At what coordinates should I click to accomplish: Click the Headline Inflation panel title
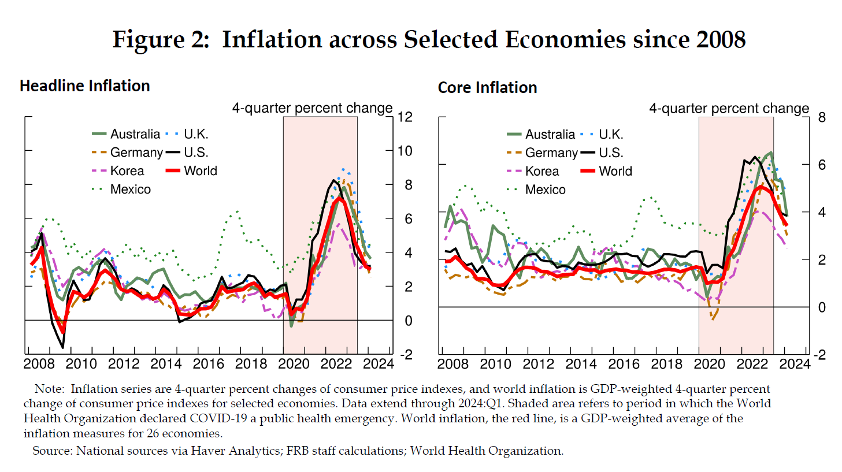click(x=85, y=86)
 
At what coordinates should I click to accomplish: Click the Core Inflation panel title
click(x=487, y=88)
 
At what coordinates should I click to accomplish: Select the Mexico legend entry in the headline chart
click(x=130, y=189)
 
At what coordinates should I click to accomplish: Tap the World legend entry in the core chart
click(x=615, y=171)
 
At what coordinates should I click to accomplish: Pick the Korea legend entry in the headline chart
click(x=127, y=171)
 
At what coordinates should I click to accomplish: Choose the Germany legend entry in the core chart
click(x=551, y=153)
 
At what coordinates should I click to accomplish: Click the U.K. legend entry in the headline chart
click(x=196, y=134)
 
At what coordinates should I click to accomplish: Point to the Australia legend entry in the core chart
click(x=550, y=135)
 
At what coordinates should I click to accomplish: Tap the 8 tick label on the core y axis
click(x=822, y=118)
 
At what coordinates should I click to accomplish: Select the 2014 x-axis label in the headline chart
click(x=166, y=364)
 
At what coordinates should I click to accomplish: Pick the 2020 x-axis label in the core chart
click(x=709, y=364)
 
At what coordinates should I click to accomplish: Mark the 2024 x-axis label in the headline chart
click(x=378, y=364)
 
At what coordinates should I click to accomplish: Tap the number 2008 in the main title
click(x=721, y=40)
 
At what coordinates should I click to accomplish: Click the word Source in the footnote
click(x=52, y=451)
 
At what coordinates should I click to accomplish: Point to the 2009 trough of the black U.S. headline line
click(x=62, y=347)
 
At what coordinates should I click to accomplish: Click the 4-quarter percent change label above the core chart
click(x=729, y=109)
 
